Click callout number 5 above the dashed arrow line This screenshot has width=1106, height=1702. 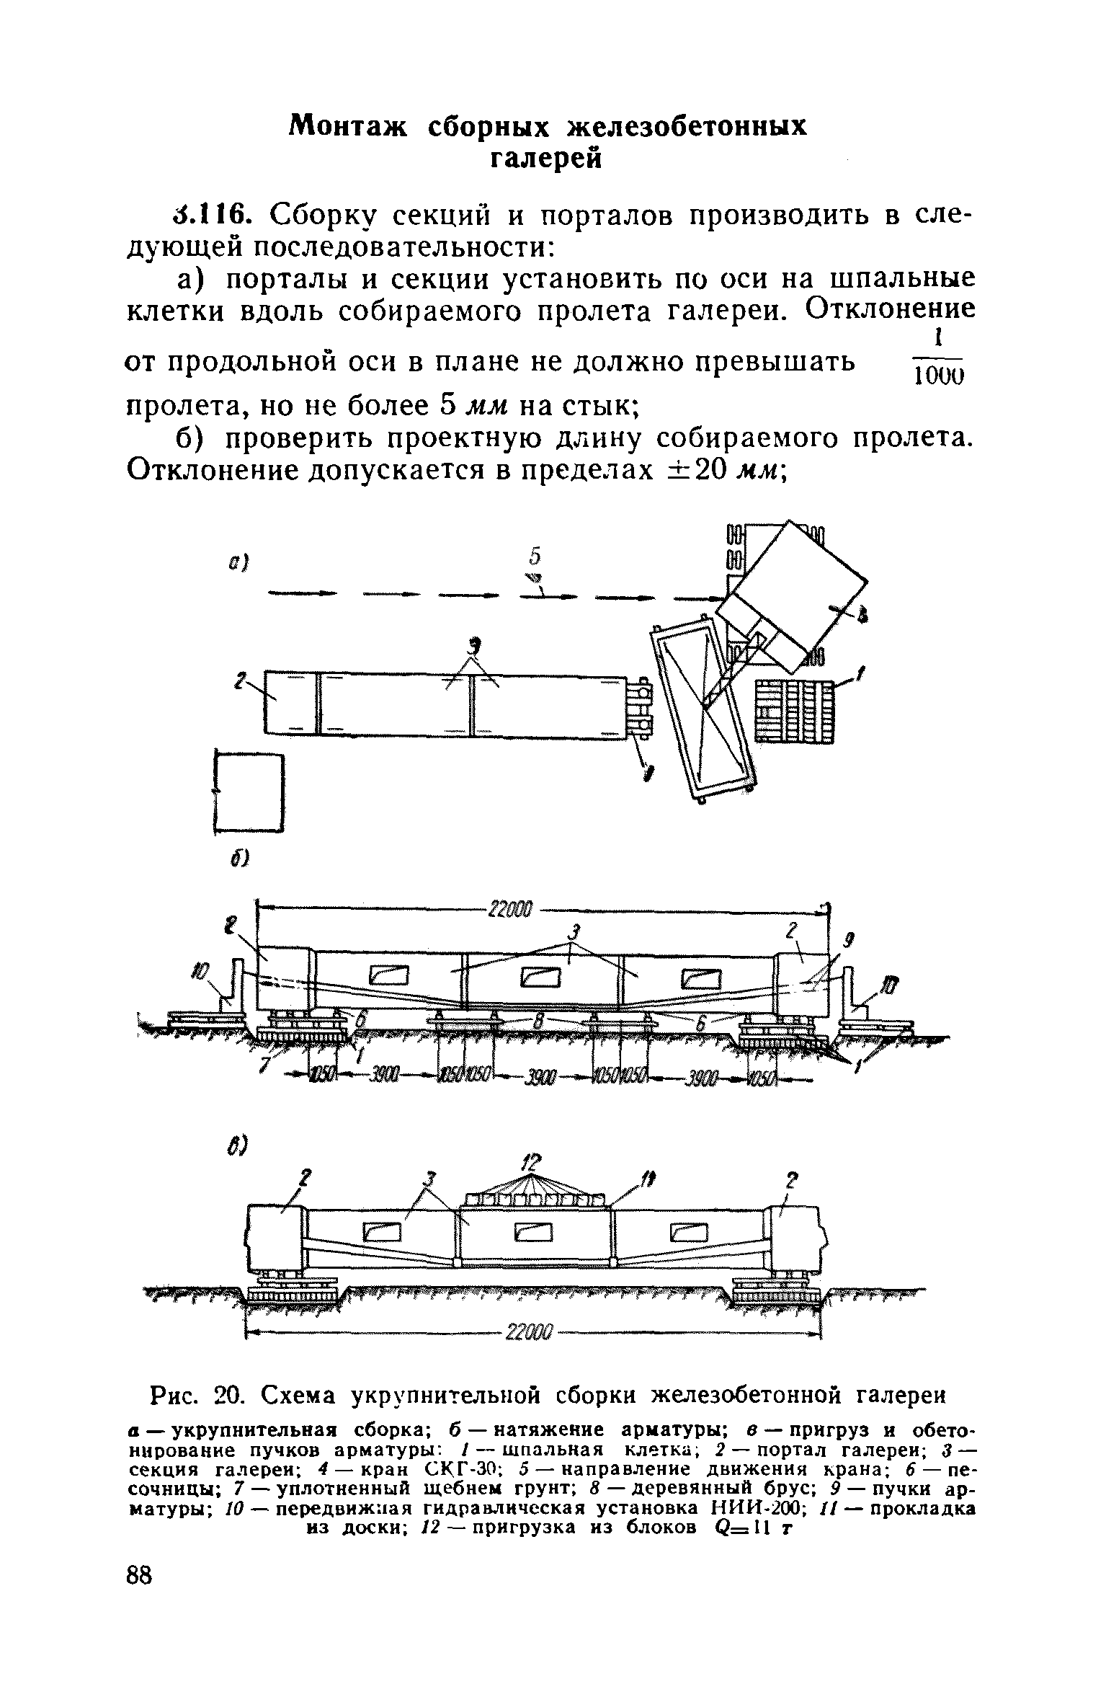coord(535,557)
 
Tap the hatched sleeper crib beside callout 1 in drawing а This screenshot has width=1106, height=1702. coord(793,711)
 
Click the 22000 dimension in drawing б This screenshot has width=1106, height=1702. coord(509,911)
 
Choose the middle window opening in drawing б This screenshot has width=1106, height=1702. coord(541,977)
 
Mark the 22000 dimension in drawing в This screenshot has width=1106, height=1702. coord(529,1333)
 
